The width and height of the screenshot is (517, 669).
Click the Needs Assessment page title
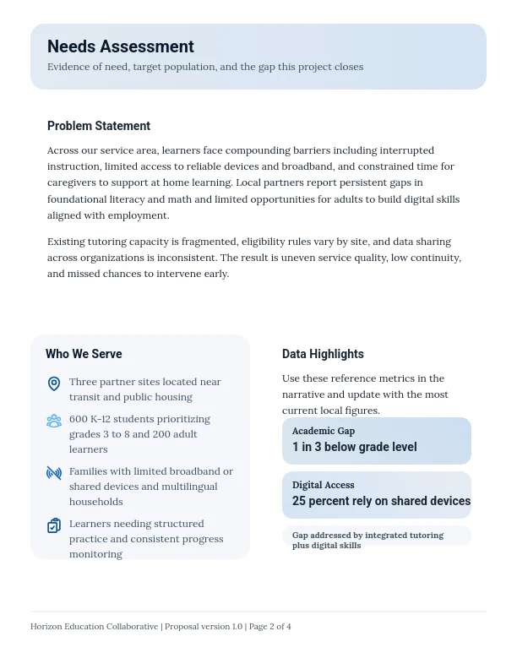[120, 46]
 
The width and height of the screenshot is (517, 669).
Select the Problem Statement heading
[99, 126]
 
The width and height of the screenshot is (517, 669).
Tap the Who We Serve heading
[84, 354]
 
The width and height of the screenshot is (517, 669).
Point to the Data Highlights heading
[323, 354]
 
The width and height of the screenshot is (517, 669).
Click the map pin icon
[54, 383]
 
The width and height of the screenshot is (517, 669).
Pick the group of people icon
[54, 421]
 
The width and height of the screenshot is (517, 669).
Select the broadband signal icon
[54, 473]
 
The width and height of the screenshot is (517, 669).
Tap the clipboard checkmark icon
[54, 525]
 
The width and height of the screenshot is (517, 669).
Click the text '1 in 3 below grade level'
[355, 447]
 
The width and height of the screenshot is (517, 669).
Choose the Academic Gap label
[324, 431]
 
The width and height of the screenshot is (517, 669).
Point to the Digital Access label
[324, 485]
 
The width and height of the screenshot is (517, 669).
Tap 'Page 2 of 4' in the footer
[269, 627]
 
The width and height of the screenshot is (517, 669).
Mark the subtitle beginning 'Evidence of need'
[205, 67]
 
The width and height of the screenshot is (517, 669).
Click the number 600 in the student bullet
[79, 419]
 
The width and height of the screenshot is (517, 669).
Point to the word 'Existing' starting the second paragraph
[66, 242]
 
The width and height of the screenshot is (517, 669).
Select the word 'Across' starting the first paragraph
[63, 150]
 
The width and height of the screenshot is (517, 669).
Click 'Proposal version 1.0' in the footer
[204, 627]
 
